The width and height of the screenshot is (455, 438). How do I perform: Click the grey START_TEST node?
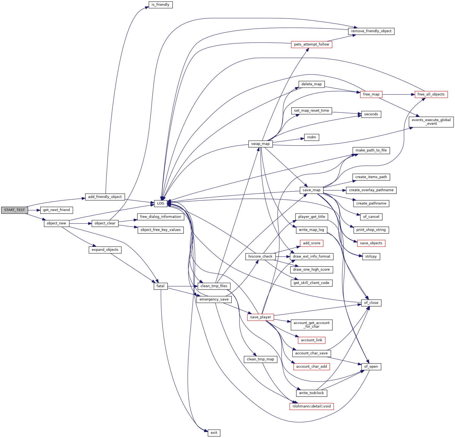pos(14,210)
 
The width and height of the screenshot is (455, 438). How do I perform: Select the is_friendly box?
pos(160,5)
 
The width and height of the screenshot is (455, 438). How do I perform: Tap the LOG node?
pos(161,203)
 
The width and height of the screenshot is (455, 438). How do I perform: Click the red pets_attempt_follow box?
pos(311,44)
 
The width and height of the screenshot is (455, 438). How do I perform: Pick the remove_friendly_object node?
pos(371,31)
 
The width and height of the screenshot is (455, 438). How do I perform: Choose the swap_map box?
pos(260,144)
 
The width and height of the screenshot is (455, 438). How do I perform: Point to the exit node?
pos(214,433)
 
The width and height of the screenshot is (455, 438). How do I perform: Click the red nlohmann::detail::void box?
pos(311,406)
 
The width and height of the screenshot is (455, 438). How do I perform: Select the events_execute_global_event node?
pos(431,122)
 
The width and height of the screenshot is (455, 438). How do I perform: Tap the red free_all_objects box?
pos(431,94)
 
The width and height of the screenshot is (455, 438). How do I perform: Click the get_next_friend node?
pos(56,210)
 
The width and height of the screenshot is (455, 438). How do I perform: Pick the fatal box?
pos(160,286)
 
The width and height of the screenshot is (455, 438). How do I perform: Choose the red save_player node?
pos(260,317)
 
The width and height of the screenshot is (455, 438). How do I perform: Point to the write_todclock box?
pos(311,393)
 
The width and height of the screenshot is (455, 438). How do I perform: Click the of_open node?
pos(371,367)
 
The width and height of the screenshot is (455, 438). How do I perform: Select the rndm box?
pos(311,137)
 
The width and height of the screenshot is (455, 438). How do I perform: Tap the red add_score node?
pos(311,243)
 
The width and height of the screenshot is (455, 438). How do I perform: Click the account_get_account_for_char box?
pos(311,325)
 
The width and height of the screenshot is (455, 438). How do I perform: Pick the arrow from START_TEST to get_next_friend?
pos(34,210)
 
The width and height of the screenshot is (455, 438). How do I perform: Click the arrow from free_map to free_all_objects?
pos(399,94)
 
